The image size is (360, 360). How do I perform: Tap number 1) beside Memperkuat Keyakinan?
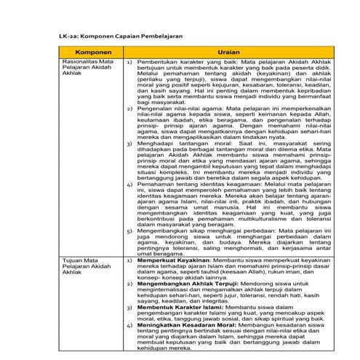pyautogui.click(x=130, y=260)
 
